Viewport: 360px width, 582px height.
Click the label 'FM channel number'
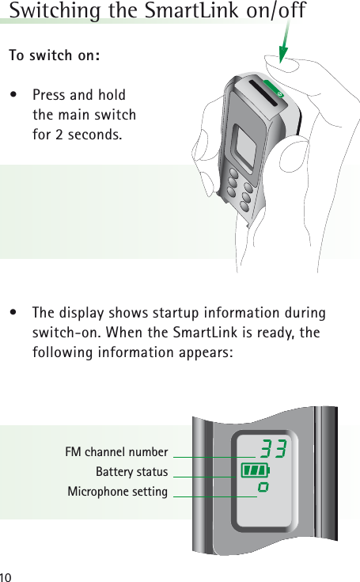(x=116, y=453)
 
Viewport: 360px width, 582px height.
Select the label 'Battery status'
(x=131, y=473)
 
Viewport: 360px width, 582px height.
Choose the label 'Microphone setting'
(x=117, y=493)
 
